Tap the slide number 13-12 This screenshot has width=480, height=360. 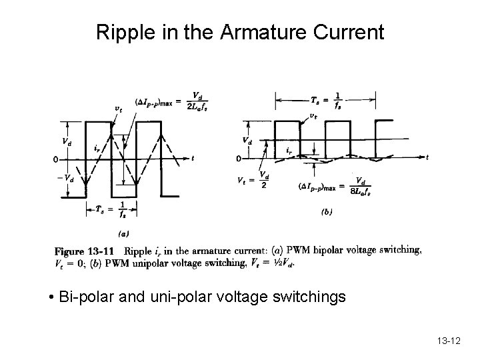[449, 340]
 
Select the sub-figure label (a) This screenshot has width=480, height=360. [123, 234]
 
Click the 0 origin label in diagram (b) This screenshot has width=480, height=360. [238, 159]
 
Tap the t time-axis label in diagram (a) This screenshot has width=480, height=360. [192, 159]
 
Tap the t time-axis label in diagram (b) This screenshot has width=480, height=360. [427, 157]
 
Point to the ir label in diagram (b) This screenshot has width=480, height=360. [288, 151]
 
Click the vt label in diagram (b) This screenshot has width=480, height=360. [313, 115]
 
